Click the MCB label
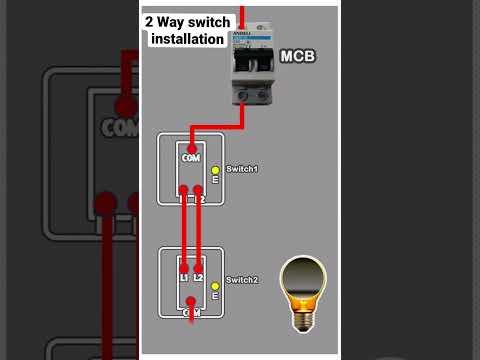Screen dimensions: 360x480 [x=298, y=58]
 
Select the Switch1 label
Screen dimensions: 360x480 [x=242, y=169]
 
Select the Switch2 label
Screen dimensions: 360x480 [x=242, y=279]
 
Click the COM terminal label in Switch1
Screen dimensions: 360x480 [x=191, y=159]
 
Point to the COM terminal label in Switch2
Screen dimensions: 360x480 [x=191, y=313]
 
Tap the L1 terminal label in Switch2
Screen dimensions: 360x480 [x=184, y=276]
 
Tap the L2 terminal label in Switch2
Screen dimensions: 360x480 [x=198, y=276]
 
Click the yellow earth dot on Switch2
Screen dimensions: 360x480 [x=214, y=287]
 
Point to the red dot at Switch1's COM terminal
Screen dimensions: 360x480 [x=191, y=148]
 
